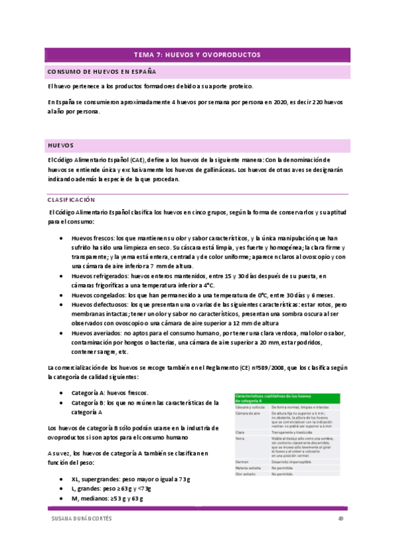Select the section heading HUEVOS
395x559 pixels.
[x=60, y=144]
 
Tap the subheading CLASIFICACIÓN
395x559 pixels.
[x=71, y=198]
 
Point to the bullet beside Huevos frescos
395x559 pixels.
[x=61, y=238]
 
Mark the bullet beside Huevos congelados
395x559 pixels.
[x=61, y=296]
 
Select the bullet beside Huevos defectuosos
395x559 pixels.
[x=61, y=305]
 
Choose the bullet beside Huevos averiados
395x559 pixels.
[x=61, y=334]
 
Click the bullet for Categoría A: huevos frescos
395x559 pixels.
[x=61, y=392]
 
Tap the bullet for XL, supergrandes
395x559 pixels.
[x=61, y=479]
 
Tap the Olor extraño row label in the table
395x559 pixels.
[x=247, y=474]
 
